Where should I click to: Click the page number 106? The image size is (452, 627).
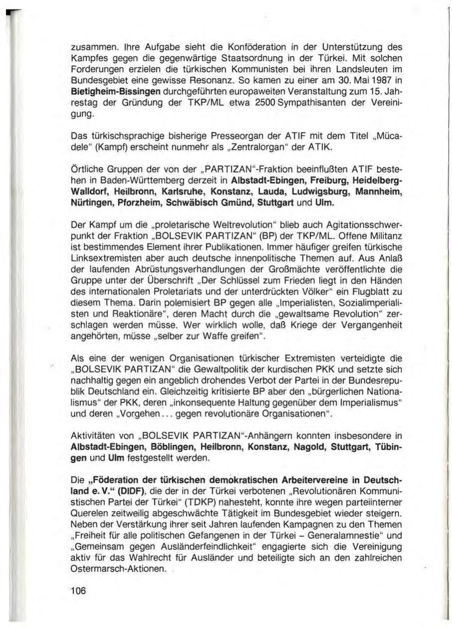click(x=78, y=591)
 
